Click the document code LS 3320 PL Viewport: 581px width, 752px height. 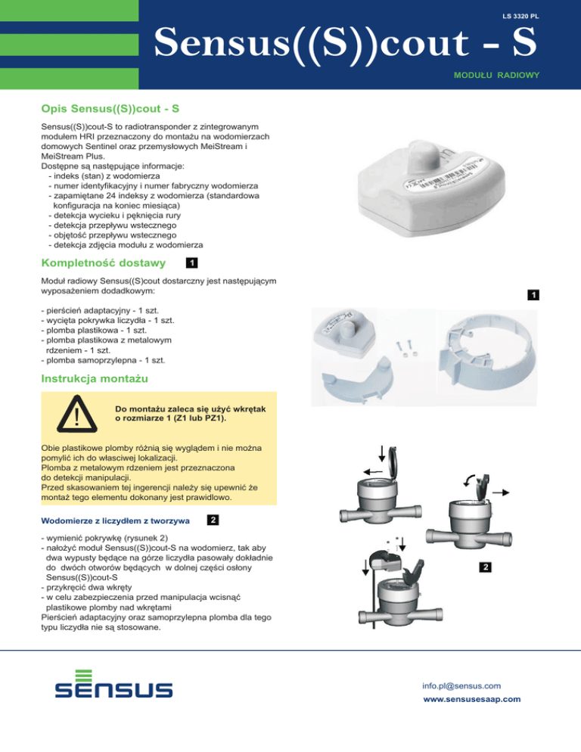coord(520,17)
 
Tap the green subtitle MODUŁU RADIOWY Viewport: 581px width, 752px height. coord(496,76)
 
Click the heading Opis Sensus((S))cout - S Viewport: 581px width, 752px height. coord(110,109)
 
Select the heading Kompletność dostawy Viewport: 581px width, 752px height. coord(103,263)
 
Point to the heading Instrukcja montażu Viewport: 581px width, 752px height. coord(95,379)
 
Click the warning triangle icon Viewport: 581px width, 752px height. coord(76,414)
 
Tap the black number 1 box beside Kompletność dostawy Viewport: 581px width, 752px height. coord(192,263)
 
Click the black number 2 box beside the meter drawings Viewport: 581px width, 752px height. coord(486,567)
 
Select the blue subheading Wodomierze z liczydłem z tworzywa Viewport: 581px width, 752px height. coord(115,520)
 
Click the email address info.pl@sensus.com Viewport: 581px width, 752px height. coord(461,686)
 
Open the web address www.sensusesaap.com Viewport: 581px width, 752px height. coord(471,699)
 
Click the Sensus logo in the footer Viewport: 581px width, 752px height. coord(113,684)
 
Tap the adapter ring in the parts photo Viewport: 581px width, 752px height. coord(487,357)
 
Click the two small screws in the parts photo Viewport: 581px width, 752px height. coord(406,348)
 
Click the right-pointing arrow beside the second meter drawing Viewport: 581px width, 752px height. coord(501,493)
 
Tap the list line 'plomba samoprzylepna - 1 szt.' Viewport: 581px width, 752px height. coord(103,360)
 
